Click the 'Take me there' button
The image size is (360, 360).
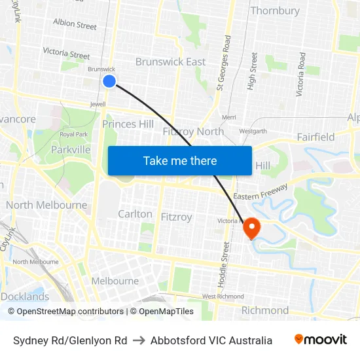[180, 160]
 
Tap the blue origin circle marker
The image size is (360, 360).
[109, 81]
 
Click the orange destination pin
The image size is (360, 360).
[251, 228]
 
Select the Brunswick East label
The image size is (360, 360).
[170, 62]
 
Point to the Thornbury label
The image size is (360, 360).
[275, 10]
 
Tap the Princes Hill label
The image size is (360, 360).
[128, 124]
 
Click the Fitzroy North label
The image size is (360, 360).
[193, 131]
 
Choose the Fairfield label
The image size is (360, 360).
[315, 137]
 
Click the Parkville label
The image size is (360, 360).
[71, 149]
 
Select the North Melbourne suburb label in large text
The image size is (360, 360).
[46, 205]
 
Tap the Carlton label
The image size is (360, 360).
[135, 214]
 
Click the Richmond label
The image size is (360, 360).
[265, 310]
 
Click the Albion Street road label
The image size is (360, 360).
[75, 24]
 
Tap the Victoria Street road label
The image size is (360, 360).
[66, 52]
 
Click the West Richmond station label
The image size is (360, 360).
[223, 297]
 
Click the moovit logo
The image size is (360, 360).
[320, 340]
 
